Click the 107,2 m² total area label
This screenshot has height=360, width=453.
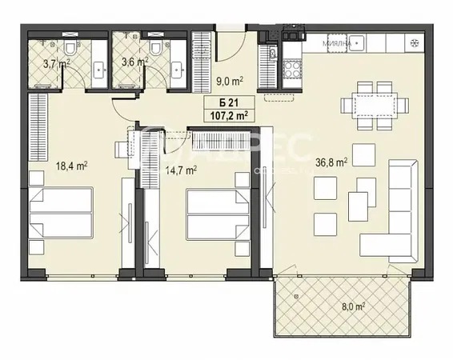[x=227, y=114]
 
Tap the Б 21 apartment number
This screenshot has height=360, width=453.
[x=227, y=102]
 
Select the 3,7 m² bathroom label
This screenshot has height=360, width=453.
[x=54, y=61]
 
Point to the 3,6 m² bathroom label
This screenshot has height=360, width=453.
[x=134, y=61]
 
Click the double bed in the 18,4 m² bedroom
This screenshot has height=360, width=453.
[x=62, y=213]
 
